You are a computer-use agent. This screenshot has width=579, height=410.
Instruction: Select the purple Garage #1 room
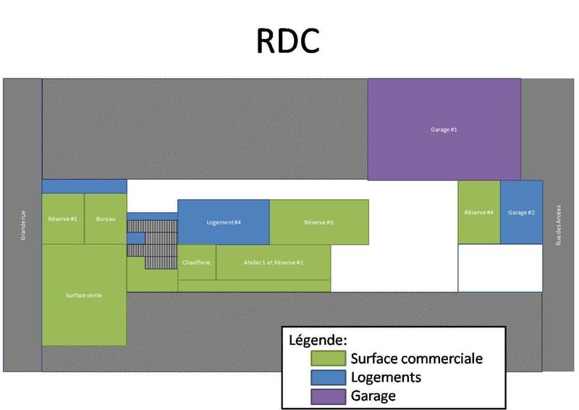[x=444, y=129]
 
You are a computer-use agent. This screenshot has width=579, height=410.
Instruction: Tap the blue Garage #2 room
[x=521, y=212]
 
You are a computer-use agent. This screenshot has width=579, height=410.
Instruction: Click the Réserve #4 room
[x=478, y=212]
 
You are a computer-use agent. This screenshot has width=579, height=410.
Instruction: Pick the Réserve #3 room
[x=318, y=222]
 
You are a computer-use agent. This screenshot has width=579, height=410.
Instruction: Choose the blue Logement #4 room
[x=224, y=222]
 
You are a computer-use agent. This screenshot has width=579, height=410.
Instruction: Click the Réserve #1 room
[x=63, y=219]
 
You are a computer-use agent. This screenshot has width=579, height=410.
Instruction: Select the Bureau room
[x=106, y=219]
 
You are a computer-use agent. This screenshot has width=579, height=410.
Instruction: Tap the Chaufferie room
[x=197, y=262]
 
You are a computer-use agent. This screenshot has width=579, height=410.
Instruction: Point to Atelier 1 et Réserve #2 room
[x=274, y=262]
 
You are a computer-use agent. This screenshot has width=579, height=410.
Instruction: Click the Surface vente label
[x=84, y=295]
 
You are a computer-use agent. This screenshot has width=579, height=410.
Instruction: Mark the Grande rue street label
[x=23, y=225]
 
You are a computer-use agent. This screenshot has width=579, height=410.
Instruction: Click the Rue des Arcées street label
[x=559, y=225]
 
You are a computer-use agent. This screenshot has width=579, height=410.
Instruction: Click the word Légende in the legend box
[x=318, y=339]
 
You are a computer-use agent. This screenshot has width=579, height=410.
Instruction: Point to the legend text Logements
[x=385, y=377]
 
